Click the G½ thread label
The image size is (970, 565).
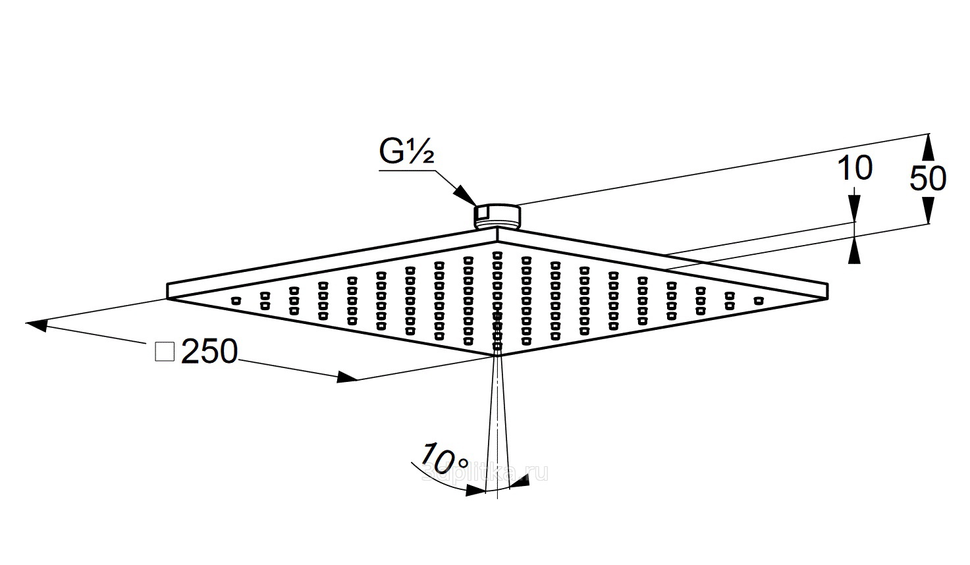[x=406, y=153]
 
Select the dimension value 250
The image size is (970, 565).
[x=209, y=352]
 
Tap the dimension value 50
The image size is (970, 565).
[x=928, y=178]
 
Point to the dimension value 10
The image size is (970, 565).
[x=855, y=169]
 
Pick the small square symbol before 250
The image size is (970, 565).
[x=164, y=352]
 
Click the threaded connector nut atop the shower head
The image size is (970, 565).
[x=497, y=216]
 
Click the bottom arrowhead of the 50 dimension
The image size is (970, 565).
[x=928, y=212]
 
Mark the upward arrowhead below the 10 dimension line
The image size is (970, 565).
[x=854, y=251]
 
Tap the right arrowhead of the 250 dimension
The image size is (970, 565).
[x=346, y=377]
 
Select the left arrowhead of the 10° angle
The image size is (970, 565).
[x=475, y=490]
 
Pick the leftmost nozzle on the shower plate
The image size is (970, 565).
[x=236, y=301]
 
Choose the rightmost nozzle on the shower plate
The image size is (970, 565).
[x=759, y=301]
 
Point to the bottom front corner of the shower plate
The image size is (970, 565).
[x=496, y=356]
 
